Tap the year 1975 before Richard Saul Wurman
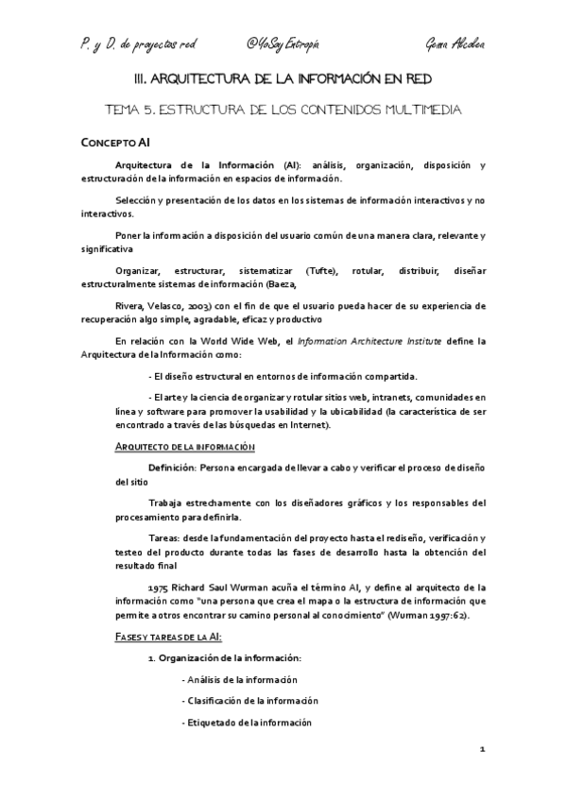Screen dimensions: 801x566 159,586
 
